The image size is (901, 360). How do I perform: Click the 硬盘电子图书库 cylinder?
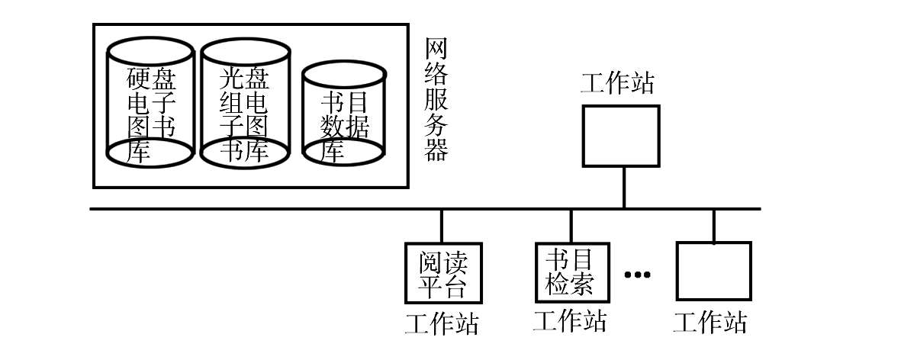pyautogui.click(x=150, y=103)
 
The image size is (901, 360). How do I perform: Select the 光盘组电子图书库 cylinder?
pyautogui.click(x=245, y=103)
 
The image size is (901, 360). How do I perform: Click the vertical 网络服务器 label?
pyautogui.click(x=436, y=100)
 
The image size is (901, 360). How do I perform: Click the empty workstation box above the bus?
pyautogui.click(x=621, y=135)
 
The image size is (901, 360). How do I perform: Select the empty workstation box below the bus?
pyautogui.click(x=714, y=272)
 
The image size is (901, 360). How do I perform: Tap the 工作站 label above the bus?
pyautogui.click(x=618, y=82)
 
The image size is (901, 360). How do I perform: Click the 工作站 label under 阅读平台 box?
pyautogui.click(x=442, y=324)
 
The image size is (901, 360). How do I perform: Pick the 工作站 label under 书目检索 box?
pyautogui.click(x=571, y=321)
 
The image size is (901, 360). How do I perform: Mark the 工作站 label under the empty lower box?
pyautogui.click(x=710, y=323)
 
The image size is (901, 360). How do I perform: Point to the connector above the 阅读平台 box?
pyautogui.click(x=442, y=227)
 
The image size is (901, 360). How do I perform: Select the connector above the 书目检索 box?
pyautogui.click(x=571, y=226)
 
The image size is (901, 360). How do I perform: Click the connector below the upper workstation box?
pyautogui.click(x=623, y=187)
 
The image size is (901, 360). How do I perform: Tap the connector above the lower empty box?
pyautogui.click(x=714, y=226)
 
